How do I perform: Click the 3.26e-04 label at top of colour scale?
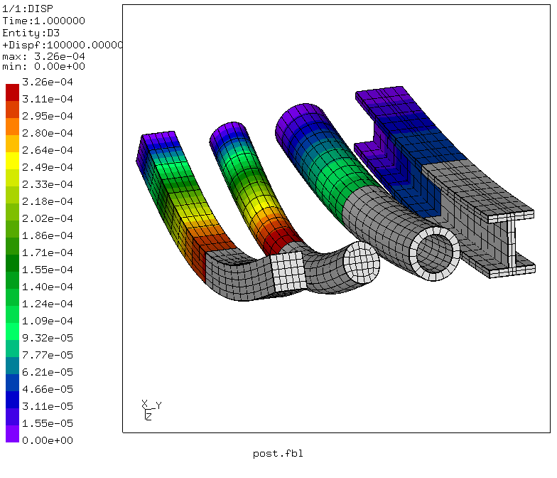point(47,82)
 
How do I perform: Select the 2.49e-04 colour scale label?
point(47,167)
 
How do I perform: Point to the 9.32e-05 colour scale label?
point(47,338)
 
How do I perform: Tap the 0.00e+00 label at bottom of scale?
point(47,440)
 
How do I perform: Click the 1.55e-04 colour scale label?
point(47,270)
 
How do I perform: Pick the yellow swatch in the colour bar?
point(13,161)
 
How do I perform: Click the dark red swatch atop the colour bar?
point(13,92)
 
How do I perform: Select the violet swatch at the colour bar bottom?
point(13,434)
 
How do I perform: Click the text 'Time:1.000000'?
point(44,21)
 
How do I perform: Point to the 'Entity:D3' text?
point(31,33)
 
